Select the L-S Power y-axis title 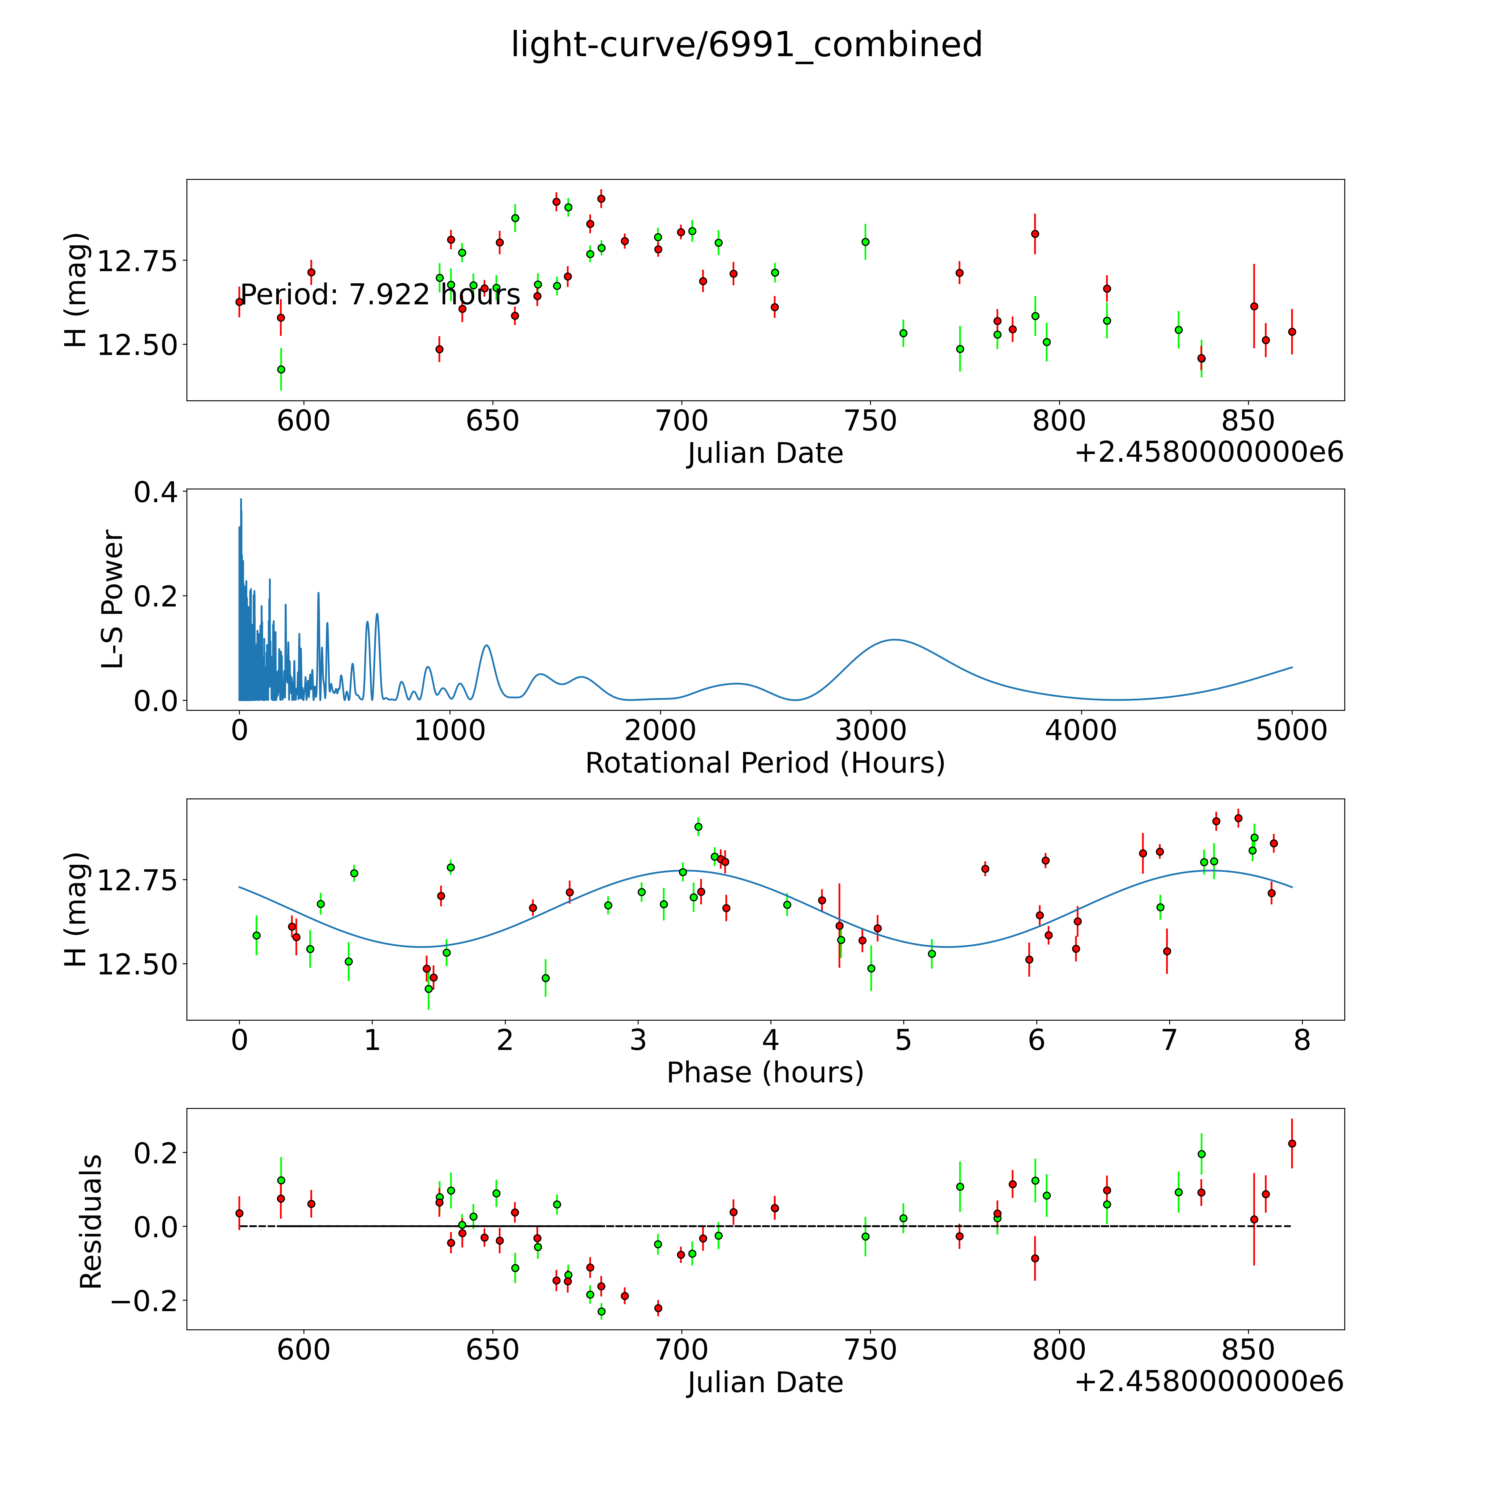pyautogui.click(x=113, y=599)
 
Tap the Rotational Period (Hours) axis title pyautogui.click(x=765, y=763)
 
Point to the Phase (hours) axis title pyautogui.click(x=765, y=1073)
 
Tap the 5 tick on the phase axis pyautogui.click(x=903, y=1040)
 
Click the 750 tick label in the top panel pyautogui.click(x=871, y=421)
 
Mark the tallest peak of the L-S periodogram pyautogui.click(x=240, y=500)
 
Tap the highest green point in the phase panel pyautogui.click(x=698, y=827)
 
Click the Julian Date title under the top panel pyautogui.click(x=765, y=453)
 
